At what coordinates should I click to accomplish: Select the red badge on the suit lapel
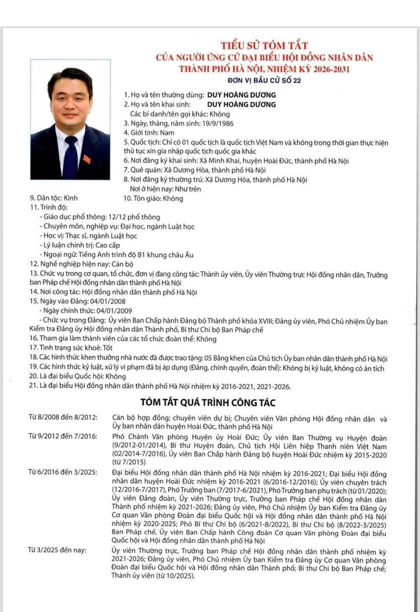tap(87, 158)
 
